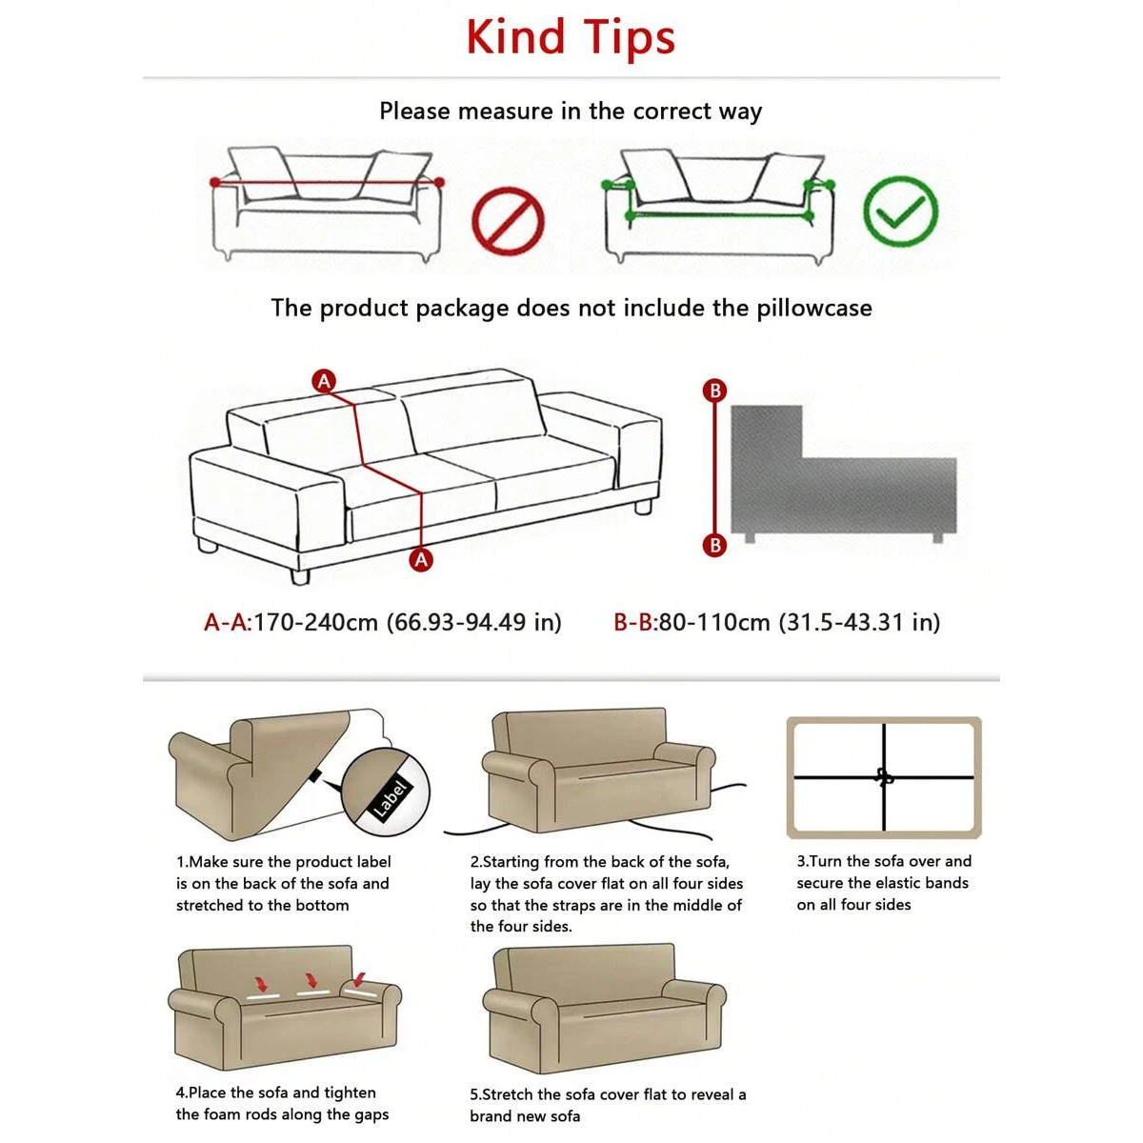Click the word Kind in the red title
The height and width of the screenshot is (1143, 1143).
515,38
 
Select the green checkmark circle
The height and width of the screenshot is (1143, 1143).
900,212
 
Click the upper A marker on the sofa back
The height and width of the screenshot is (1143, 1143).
324,381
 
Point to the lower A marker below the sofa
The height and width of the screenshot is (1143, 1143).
421,559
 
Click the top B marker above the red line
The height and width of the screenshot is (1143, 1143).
714,390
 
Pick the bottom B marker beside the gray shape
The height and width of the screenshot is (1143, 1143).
714,545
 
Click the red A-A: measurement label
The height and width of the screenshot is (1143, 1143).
228,623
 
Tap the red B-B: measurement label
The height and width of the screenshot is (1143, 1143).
635,623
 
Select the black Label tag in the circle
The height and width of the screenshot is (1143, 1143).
390,798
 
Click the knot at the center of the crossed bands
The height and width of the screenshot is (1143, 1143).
884,777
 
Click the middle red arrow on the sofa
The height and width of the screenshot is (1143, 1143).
310,980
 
